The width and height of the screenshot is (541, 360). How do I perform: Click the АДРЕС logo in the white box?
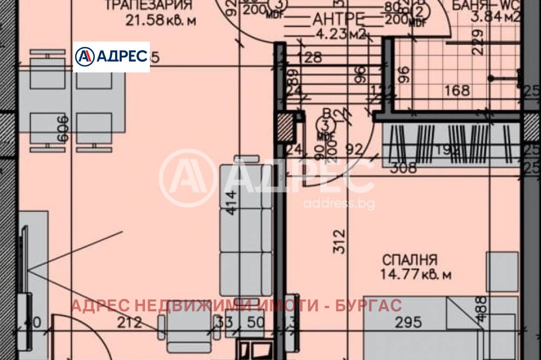111,56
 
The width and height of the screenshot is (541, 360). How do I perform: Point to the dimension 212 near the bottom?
130,323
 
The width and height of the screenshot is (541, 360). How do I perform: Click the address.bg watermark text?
339,204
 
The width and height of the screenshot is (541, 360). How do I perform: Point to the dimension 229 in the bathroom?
477,42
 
